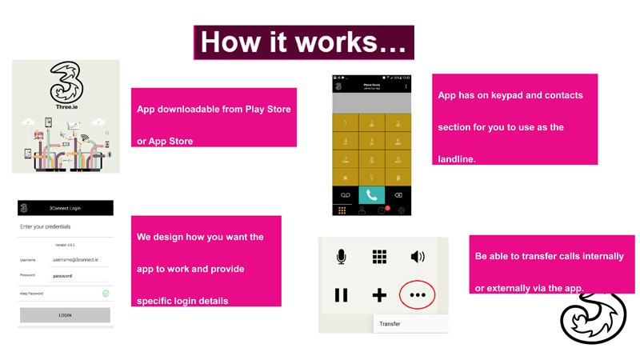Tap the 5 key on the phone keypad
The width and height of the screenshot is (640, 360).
point(371,141)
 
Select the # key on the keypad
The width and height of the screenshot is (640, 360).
point(398,178)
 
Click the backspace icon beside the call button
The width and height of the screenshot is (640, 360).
point(398,195)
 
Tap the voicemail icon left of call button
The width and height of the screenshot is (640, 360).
point(346,195)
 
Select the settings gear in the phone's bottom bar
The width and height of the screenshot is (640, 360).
point(401,210)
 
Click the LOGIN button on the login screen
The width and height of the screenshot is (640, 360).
point(65,315)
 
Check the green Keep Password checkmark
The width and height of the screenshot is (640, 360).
point(106,294)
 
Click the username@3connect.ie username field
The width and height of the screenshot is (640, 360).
point(75,260)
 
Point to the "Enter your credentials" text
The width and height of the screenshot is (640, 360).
point(46,227)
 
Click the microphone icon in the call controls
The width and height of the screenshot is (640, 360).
point(342,256)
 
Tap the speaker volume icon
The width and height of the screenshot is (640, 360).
point(418,256)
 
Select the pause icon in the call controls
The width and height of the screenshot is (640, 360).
point(342,295)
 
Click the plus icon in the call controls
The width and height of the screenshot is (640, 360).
point(379,295)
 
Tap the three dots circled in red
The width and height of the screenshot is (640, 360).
point(418,295)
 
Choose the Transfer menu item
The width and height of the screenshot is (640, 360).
point(390,324)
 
